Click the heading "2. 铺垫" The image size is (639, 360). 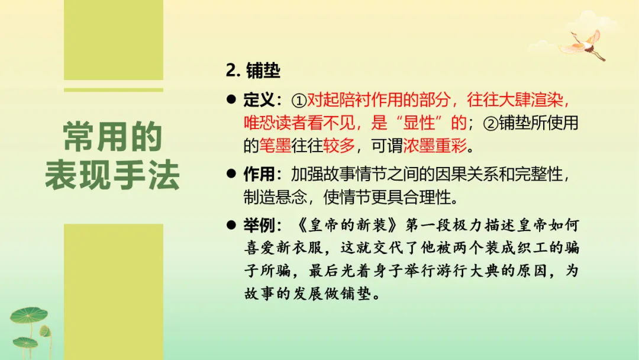coord(253,71)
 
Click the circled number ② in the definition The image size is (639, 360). coord(491,123)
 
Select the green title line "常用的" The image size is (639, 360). coord(112,138)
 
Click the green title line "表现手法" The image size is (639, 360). coord(112,176)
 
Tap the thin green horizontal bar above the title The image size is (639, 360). coord(113,90)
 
